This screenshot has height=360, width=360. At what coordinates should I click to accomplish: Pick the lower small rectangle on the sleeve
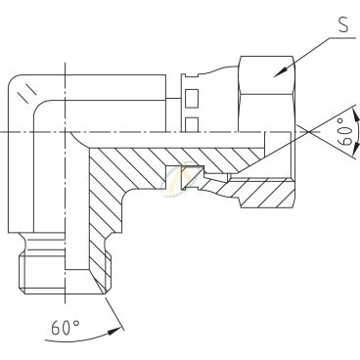click(193, 122)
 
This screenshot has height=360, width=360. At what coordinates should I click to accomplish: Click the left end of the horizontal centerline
click(3, 132)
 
